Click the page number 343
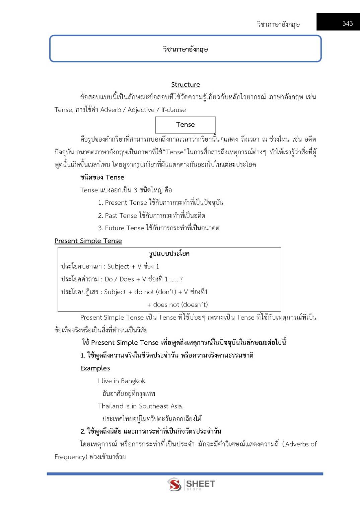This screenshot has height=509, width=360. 347,23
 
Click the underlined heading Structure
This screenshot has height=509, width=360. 185,84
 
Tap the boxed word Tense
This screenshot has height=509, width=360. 185,124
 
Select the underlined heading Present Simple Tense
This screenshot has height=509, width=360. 88,241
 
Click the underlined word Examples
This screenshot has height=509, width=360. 95,368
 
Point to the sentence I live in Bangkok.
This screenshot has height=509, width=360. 122,381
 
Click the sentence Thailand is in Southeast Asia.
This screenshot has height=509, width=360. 141,406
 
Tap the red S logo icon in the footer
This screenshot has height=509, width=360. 174,484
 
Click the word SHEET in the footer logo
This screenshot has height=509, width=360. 200,483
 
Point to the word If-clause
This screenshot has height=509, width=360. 173,110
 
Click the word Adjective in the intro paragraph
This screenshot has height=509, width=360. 141,110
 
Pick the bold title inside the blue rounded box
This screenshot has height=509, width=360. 185,49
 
